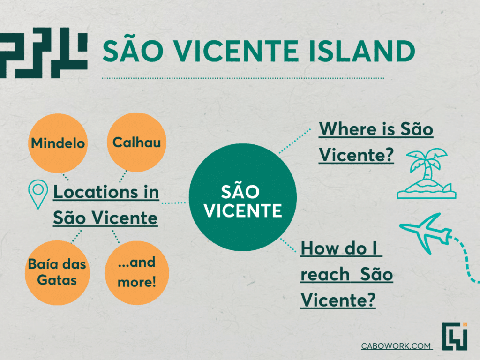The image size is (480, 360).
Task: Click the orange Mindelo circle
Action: coord(58,143)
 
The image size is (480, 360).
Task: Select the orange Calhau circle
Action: coord(136,142)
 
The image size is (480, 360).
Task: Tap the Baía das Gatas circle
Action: coord(57,272)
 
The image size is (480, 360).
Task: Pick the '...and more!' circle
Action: coord(137,272)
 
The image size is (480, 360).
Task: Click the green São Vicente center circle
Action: coord(243,197)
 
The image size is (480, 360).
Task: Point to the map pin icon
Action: coord(38,194)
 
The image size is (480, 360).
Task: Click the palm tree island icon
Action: coord(427,173)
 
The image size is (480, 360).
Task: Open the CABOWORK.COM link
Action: coord(396,346)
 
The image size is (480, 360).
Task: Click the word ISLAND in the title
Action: coord(361,51)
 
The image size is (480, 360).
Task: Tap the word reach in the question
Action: coord(325,274)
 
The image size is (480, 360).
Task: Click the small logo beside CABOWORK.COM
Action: coord(455,336)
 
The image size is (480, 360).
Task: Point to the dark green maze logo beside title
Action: coord(44,52)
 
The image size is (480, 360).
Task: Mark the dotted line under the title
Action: coord(243,78)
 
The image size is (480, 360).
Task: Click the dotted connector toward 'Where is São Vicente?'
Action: coord(295,141)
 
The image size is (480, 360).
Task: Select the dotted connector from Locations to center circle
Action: coord(173,203)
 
